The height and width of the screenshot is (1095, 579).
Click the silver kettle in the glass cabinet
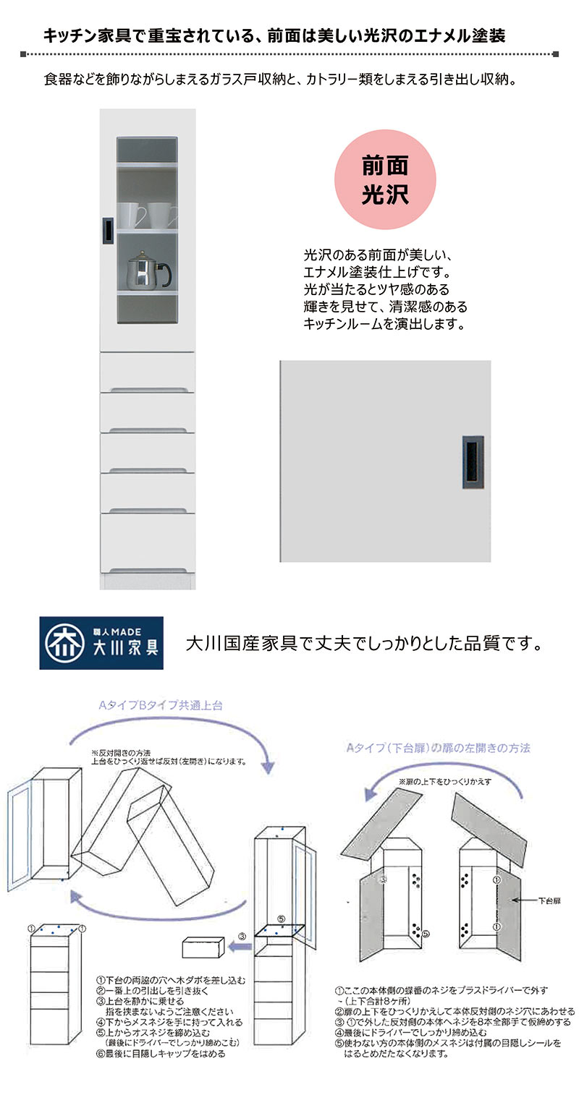coord(149,270)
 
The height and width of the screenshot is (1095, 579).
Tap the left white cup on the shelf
coord(131,215)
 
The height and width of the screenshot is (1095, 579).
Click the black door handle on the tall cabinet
coord(108,230)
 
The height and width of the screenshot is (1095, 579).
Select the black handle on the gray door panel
coord(473,462)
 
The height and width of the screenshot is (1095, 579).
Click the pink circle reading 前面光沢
coord(385,179)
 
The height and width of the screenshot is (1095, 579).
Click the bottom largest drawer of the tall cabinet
coord(148,543)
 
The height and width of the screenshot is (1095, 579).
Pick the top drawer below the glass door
coord(148,372)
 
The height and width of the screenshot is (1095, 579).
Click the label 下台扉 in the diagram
coord(549,901)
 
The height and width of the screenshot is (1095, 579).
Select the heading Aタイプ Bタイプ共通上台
coord(161,705)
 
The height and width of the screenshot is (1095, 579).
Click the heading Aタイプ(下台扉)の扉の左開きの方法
coord(438,748)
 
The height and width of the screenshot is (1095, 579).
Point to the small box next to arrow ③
coord(203,947)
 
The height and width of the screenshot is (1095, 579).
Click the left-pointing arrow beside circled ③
coord(240,947)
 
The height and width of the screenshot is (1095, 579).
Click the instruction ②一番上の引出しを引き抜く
coord(153,991)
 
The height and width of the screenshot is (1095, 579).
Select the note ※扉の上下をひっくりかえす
coord(445,782)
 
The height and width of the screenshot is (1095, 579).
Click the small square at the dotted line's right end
coord(555,54)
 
